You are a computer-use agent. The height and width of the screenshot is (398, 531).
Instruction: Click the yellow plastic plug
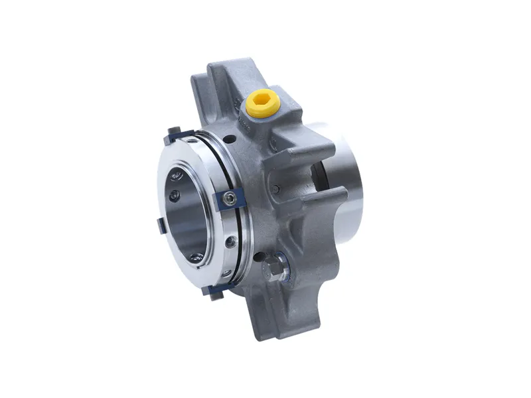260,103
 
